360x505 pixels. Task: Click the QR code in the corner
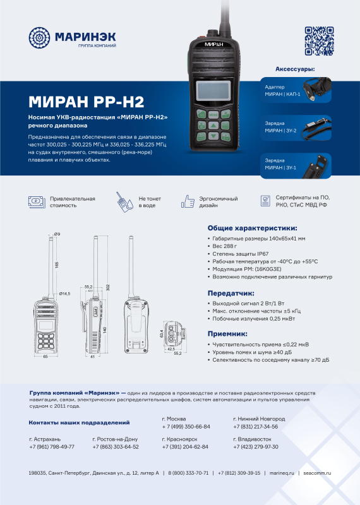tap(318, 41)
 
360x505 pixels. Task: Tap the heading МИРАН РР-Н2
tap(87, 102)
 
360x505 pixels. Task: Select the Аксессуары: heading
tap(295, 68)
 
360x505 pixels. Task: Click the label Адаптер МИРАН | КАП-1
tap(282, 90)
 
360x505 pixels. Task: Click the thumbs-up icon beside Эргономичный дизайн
tap(188, 201)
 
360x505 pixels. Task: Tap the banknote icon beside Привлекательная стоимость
tap(37, 201)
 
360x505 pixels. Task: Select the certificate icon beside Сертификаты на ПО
tap(265, 201)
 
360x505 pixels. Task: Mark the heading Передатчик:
tap(231, 293)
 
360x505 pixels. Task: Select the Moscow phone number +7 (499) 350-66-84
tap(186, 427)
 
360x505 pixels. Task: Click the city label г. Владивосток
tap(252, 438)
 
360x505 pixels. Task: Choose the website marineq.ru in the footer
tap(282, 473)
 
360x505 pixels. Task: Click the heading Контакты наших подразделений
tap(80, 422)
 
